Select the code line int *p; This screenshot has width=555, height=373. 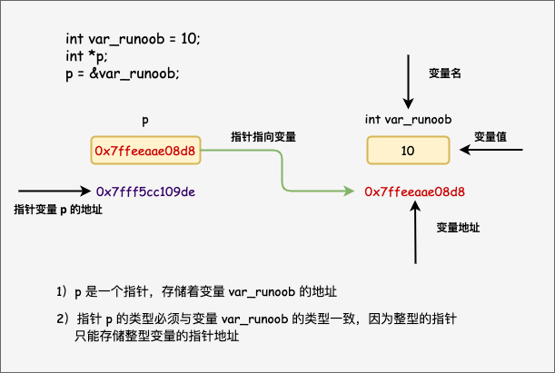click(87, 56)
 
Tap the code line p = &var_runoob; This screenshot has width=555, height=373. click(123, 73)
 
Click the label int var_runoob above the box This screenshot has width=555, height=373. click(409, 120)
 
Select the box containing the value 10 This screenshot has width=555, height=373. click(408, 150)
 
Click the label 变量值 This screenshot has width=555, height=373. click(491, 136)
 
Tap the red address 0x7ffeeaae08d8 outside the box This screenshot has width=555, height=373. click(414, 191)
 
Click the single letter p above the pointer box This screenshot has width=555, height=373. click(145, 120)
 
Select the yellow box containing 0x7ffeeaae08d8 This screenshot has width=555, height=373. click(145, 151)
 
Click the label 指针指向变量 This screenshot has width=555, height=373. click(263, 136)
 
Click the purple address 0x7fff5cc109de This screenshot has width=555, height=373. click(146, 191)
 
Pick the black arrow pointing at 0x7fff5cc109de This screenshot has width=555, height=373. click(55, 191)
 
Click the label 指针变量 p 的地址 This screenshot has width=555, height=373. click(58, 210)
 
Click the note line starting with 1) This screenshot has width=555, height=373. click(196, 291)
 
